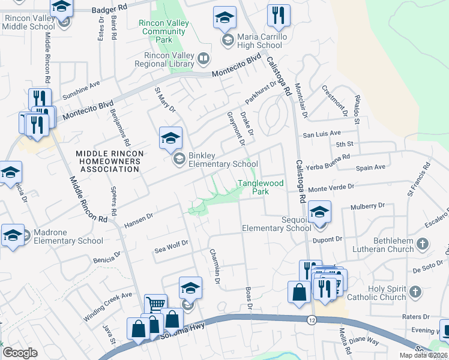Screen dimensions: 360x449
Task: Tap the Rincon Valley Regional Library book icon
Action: tap(203, 58)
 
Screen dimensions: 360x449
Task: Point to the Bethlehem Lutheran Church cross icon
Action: tap(423, 244)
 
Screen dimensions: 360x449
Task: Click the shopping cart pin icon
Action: tap(155, 305)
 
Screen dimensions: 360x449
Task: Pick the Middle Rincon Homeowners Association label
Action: tap(110, 161)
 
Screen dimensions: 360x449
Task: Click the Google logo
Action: tap(20, 352)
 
